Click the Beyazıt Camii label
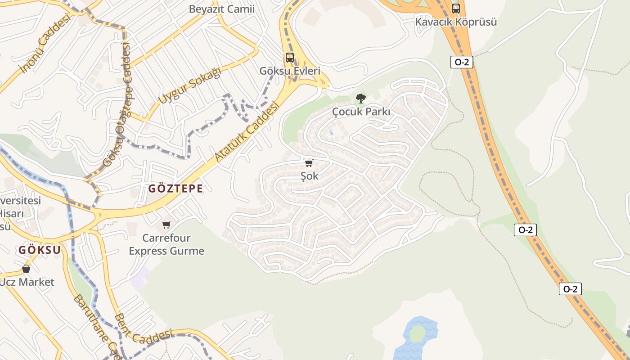[x=221, y=9]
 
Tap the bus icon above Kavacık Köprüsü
[x=456, y=9]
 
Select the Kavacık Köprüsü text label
[x=456, y=22]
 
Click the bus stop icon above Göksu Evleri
[x=290, y=58]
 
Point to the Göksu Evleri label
[x=290, y=71]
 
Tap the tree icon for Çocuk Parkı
[x=360, y=98]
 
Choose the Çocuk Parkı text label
[x=361, y=112]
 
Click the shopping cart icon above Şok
[x=309, y=163]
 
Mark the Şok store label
[x=309, y=176]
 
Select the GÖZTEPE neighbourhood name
[x=175, y=189]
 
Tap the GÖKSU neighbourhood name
[x=40, y=250]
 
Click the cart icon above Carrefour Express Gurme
[x=166, y=225]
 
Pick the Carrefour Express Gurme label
[x=166, y=244]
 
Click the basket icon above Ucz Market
[x=26, y=269]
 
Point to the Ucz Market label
[x=27, y=282]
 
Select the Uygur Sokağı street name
[x=190, y=85]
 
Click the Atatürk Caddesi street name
[x=247, y=131]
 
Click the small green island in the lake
[x=417, y=333]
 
